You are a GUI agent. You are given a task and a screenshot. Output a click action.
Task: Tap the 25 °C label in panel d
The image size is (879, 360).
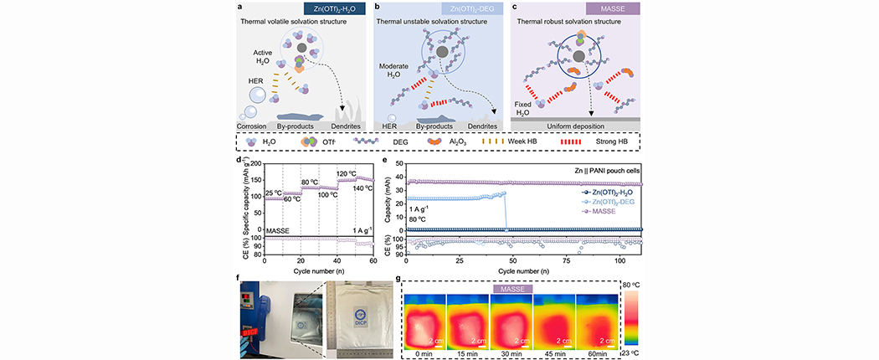pos(274,193)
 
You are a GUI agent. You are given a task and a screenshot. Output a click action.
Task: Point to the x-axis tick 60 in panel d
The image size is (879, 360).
pos(373,262)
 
